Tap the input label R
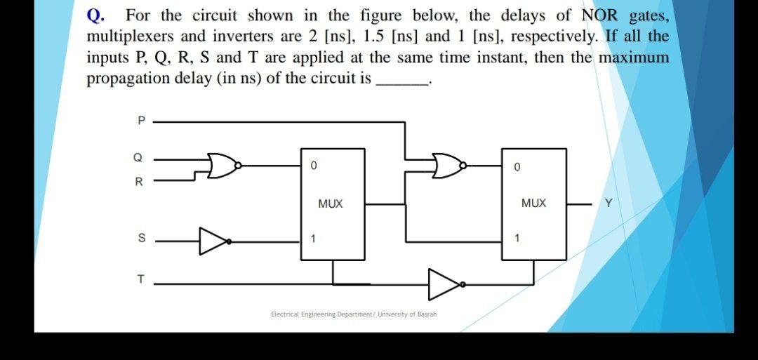pyautogui.click(x=139, y=182)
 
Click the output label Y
pyautogui.click(x=609, y=204)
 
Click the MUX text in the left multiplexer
pyautogui.click(x=330, y=204)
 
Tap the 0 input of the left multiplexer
pyautogui.click(x=313, y=167)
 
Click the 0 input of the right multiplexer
pyautogui.click(x=517, y=168)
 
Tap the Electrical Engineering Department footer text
pyautogui.click(x=354, y=314)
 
